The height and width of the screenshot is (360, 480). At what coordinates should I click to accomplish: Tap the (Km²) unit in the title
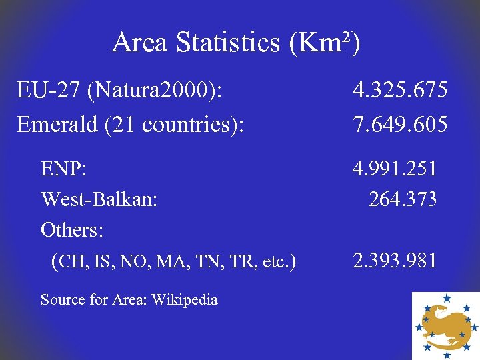click(325, 43)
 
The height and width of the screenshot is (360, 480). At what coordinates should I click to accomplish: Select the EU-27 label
click(42, 90)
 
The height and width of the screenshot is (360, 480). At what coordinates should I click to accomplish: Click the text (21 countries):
click(173, 125)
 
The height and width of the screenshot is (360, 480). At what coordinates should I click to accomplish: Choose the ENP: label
click(63, 169)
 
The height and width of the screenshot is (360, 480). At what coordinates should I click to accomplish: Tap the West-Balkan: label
click(99, 199)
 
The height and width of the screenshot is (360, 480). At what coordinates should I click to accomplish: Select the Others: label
click(72, 230)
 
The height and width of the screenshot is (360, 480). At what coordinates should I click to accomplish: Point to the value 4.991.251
click(395, 169)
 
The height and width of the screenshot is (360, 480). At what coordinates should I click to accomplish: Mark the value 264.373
click(403, 199)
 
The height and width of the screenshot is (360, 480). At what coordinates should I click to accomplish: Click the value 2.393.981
click(395, 260)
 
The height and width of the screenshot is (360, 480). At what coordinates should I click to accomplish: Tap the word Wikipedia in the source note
click(185, 300)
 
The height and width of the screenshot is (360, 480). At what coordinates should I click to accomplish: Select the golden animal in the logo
click(445, 323)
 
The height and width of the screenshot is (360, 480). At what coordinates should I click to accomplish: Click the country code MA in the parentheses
click(168, 261)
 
